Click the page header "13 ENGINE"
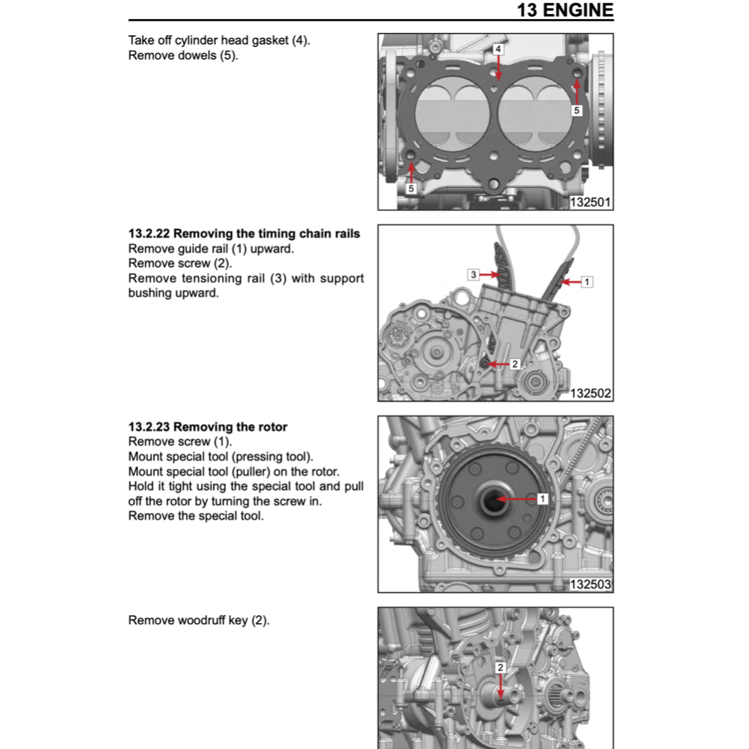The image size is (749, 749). click(565, 10)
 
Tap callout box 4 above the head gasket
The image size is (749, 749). click(498, 49)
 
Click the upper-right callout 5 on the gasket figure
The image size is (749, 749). click(576, 110)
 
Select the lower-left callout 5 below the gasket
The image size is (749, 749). click(411, 189)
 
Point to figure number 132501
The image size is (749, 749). click(590, 203)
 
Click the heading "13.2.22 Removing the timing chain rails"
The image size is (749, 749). click(244, 234)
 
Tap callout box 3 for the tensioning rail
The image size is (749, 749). click(474, 274)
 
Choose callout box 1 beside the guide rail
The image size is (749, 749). click(587, 280)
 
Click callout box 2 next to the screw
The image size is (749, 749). click(514, 364)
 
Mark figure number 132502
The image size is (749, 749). click(590, 394)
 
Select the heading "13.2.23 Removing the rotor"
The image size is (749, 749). click(208, 426)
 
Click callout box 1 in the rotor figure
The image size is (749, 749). click(543, 499)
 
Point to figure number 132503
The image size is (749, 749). click(590, 585)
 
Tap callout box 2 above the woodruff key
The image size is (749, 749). click(500, 667)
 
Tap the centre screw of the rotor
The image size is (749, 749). click(491, 500)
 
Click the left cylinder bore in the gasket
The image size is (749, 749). click(451, 114)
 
